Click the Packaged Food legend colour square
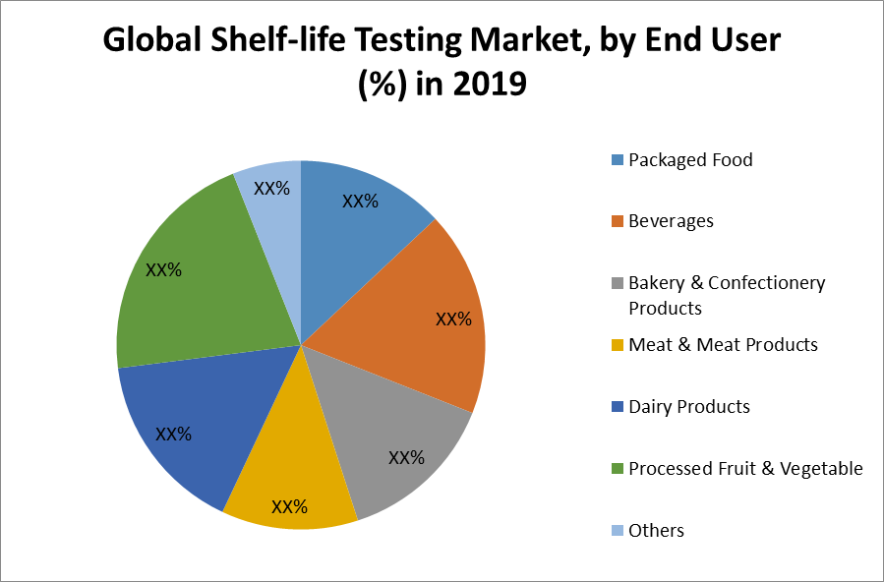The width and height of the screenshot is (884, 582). (617, 159)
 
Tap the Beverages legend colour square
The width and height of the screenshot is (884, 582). (617, 221)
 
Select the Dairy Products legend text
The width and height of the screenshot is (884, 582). (689, 407)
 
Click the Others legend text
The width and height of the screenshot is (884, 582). (656, 531)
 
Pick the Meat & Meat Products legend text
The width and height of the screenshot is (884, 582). (723, 345)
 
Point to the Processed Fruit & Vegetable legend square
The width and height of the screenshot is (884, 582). (617, 469)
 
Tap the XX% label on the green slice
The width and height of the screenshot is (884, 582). (163, 269)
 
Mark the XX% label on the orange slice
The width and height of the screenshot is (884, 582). (453, 320)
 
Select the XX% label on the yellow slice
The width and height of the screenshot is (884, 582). (289, 507)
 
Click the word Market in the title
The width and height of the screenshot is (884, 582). (583, 40)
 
